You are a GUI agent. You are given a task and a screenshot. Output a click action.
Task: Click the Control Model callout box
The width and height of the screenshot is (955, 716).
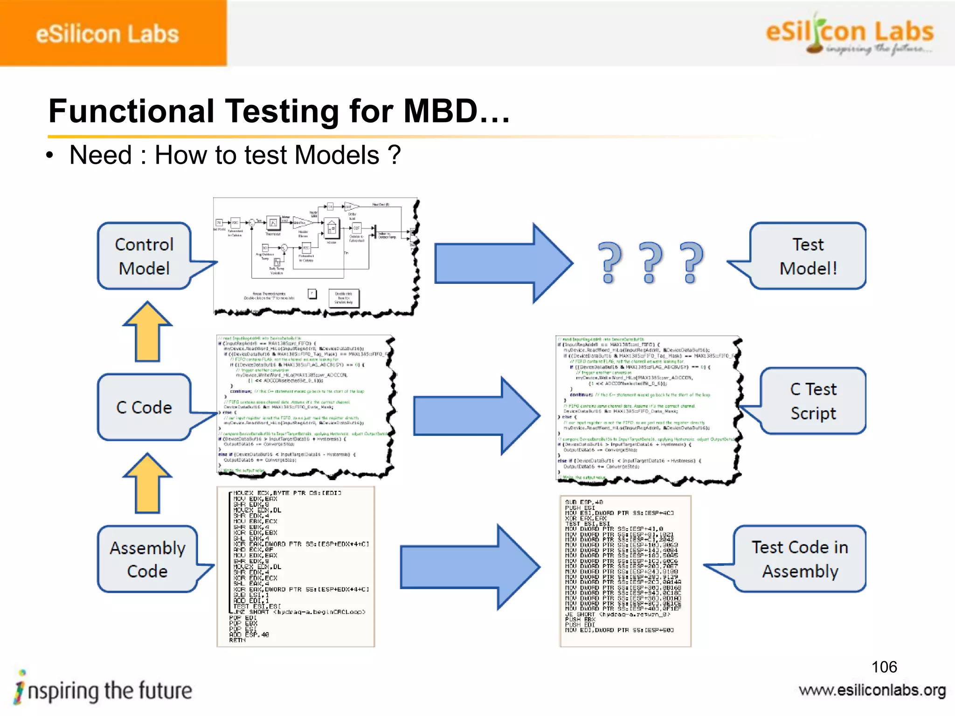(x=144, y=256)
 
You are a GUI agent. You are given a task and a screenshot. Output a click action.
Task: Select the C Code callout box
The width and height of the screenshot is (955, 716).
(x=144, y=407)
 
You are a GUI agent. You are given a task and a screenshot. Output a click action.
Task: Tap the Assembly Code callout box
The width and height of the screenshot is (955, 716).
(x=147, y=559)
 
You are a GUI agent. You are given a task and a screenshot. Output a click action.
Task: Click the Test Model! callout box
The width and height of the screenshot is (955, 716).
(x=808, y=256)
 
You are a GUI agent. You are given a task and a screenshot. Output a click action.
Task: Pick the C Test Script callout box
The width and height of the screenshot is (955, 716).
(x=813, y=401)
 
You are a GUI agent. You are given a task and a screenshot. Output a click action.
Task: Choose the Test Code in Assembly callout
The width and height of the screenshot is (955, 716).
(x=799, y=559)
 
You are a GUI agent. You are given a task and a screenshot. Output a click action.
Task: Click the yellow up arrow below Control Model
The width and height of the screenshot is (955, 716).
(x=147, y=332)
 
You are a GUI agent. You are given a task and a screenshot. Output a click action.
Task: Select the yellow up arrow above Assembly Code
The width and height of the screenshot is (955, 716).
(x=147, y=483)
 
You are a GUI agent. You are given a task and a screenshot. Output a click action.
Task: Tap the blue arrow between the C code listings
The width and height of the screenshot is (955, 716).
(x=476, y=415)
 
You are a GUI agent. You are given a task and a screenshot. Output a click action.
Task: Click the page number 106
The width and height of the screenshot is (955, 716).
(x=884, y=667)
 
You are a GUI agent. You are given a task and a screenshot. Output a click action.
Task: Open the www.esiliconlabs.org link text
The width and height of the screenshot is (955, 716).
(x=872, y=690)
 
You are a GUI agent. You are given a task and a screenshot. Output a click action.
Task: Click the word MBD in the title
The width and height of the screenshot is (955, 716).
(x=441, y=111)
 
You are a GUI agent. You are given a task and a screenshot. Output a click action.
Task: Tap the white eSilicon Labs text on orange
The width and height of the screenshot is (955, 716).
(x=107, y=34)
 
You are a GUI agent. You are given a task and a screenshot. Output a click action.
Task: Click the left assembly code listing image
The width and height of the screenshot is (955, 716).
(x=296, y=566)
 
